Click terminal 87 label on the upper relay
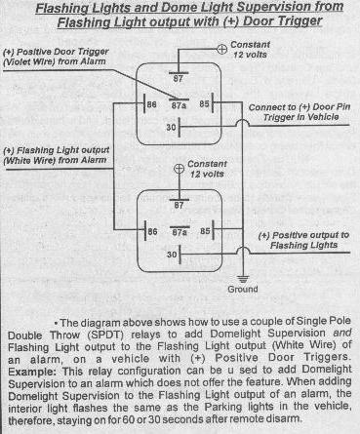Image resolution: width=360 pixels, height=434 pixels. tap(179, 79)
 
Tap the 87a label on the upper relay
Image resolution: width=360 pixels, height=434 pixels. tap(179, 105)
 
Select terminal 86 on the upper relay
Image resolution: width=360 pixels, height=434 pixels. tap(152, 104)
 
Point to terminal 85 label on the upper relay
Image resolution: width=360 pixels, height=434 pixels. tap(204, 104)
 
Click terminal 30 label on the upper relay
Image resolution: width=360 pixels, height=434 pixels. tap(171, 127)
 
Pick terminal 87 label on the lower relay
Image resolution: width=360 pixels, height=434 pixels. tap(179, 206)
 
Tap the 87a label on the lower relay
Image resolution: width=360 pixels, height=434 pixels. tap(180, 232)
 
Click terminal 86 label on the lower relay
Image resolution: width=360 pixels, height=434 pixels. tap(152, 231)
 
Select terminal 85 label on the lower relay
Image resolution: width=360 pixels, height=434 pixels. tap(205, 231)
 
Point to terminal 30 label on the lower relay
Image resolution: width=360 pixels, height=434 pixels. tap(172, 255)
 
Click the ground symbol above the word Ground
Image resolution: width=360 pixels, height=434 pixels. tap(243, 279)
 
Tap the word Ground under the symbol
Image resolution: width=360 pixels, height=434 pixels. tap(243, 289)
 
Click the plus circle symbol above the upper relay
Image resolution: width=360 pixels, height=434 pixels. tap(221, 50)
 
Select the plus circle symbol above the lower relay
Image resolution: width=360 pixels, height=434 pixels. tap(179, 169)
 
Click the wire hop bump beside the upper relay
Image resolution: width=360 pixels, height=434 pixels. tap(243, 122)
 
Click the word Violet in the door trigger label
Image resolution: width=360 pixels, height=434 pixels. tap(16, 61)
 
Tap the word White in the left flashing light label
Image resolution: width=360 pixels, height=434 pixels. tap(18, 160)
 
